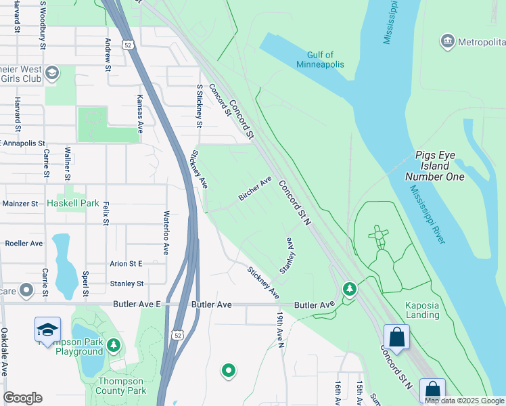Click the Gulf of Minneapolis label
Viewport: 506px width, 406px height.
(x=320, y=60)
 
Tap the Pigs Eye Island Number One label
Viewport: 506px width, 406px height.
(x=436, y=166)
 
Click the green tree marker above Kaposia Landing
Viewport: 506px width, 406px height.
(x=349, y=290)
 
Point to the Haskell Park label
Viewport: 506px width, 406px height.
(x=73, y=203)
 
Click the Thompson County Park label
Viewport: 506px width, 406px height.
(x=122, y=386)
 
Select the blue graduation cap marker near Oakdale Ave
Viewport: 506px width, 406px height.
(x=47, y=330)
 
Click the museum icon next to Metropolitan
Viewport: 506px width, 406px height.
(x=447, y=42)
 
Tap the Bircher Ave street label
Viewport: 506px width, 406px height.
(x=254, y=189)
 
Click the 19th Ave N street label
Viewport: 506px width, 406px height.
(x=279, y=330)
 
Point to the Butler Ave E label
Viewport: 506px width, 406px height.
(x=137, y=305)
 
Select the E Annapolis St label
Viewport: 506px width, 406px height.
(x=22, y=143)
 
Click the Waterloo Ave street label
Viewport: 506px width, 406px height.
(x=165, y=232)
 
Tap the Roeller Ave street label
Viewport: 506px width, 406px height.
(x=24, y=243)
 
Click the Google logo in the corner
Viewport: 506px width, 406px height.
(x=23, y=397)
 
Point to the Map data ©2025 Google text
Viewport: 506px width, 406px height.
(x=464, y=401)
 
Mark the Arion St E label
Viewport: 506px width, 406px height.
(x=127, y=264)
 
